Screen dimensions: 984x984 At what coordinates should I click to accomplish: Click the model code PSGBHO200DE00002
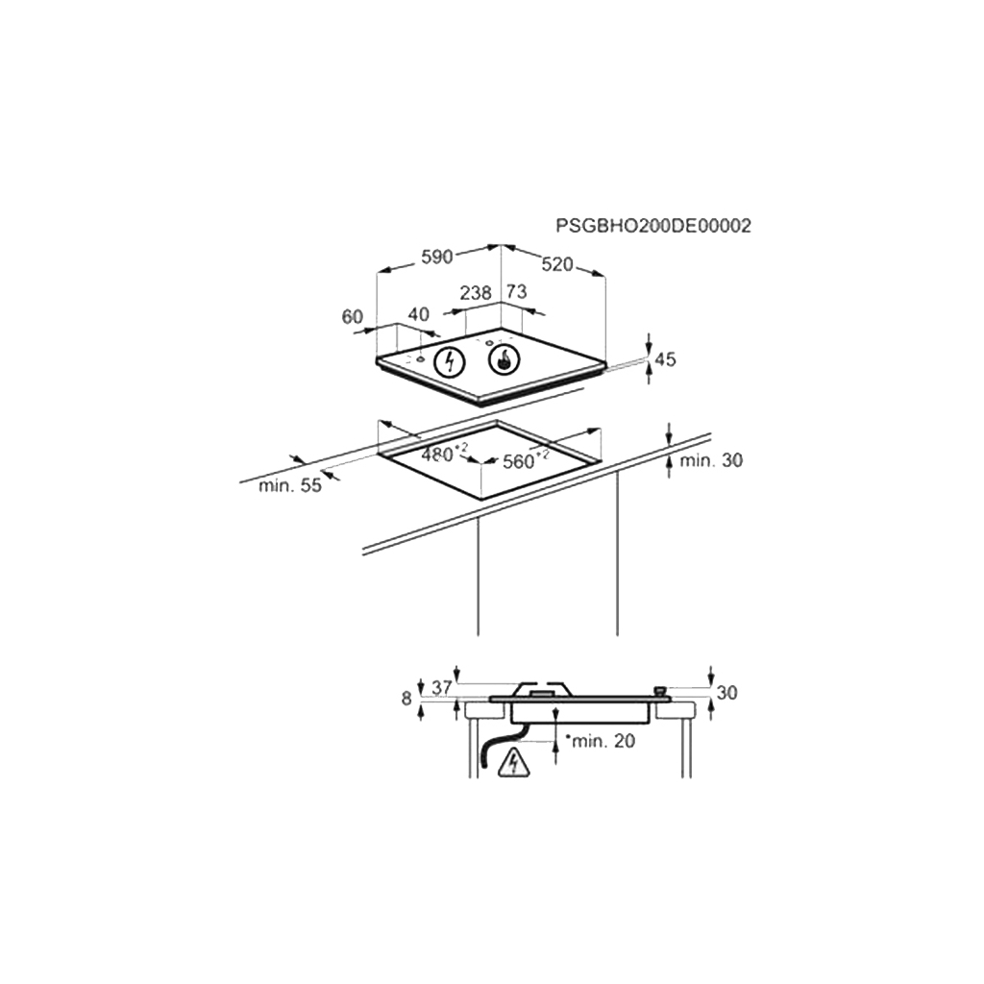(653, 226)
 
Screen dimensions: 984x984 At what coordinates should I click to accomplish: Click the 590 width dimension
(436, 258)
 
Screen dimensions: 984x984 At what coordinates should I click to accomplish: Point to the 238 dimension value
(476, 292)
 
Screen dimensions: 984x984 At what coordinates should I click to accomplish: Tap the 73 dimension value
(517, 292)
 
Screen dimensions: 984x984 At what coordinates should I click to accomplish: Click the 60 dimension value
(353, 316)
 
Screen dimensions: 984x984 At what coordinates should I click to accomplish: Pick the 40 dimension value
(419, 314)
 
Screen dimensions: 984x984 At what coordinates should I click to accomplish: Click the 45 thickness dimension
(665, 360)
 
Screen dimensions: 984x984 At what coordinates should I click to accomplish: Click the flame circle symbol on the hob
(504, 361)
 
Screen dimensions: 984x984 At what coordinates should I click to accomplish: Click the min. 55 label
(290, 486)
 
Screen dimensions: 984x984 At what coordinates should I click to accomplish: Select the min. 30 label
(711, 461)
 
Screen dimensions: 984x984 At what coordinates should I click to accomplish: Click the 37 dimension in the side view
(442, 688)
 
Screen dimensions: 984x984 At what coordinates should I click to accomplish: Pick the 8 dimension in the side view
(408, 698)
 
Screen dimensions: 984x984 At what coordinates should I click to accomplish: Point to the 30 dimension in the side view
(727, 692)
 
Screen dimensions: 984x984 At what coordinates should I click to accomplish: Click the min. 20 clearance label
(603, 741)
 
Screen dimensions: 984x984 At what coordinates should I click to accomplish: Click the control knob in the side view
(660, 690)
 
